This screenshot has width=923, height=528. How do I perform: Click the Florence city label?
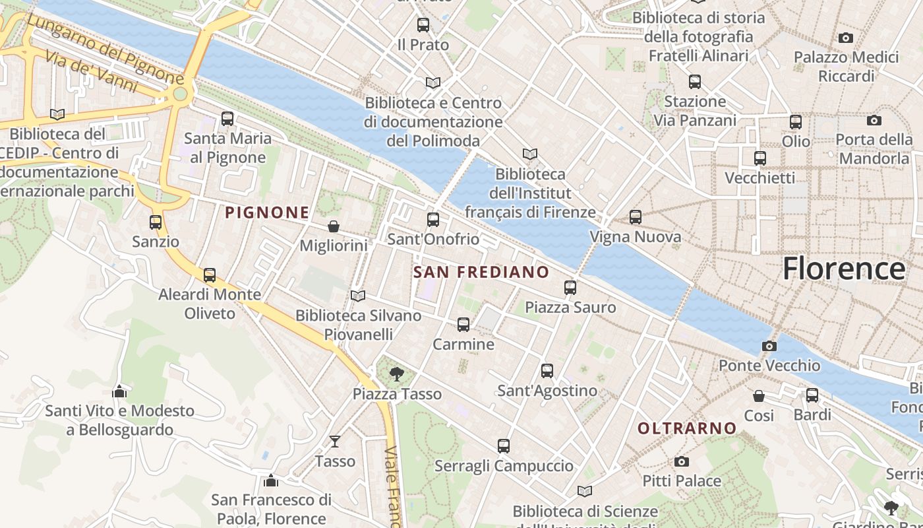coord(844,269)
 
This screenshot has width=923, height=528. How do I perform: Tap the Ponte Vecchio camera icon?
coord(769,346)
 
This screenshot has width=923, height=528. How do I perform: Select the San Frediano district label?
coord(481,272)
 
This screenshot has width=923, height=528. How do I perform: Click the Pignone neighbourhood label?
coord(267,213)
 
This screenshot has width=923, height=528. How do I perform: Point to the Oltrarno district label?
coord(686,428)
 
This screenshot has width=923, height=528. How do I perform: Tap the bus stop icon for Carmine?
coord(463,325)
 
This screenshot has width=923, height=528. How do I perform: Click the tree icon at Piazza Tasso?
coord(397,374)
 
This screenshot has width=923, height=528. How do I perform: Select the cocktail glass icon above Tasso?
coord(335,441)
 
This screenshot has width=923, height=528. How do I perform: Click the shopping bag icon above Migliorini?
coord(334,226)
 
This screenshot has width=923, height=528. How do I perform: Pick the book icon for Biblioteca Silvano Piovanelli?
coord(358,296)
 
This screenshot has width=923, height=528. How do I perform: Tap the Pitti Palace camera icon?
coord(682,461)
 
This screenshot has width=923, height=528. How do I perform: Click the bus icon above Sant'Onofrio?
coord(433,220)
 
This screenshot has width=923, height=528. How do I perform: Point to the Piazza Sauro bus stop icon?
coord(570,288)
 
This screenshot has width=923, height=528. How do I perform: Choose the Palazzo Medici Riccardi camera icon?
coord(846,38)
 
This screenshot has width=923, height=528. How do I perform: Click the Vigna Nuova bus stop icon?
coord(636,217)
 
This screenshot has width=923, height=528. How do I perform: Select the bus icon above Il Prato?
coord(423,26)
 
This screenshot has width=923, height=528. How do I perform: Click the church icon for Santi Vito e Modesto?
coord(119,391)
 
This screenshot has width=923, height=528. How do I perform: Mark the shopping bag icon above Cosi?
coord(759,396)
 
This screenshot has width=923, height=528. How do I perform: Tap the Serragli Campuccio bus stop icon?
coord(504,446)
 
